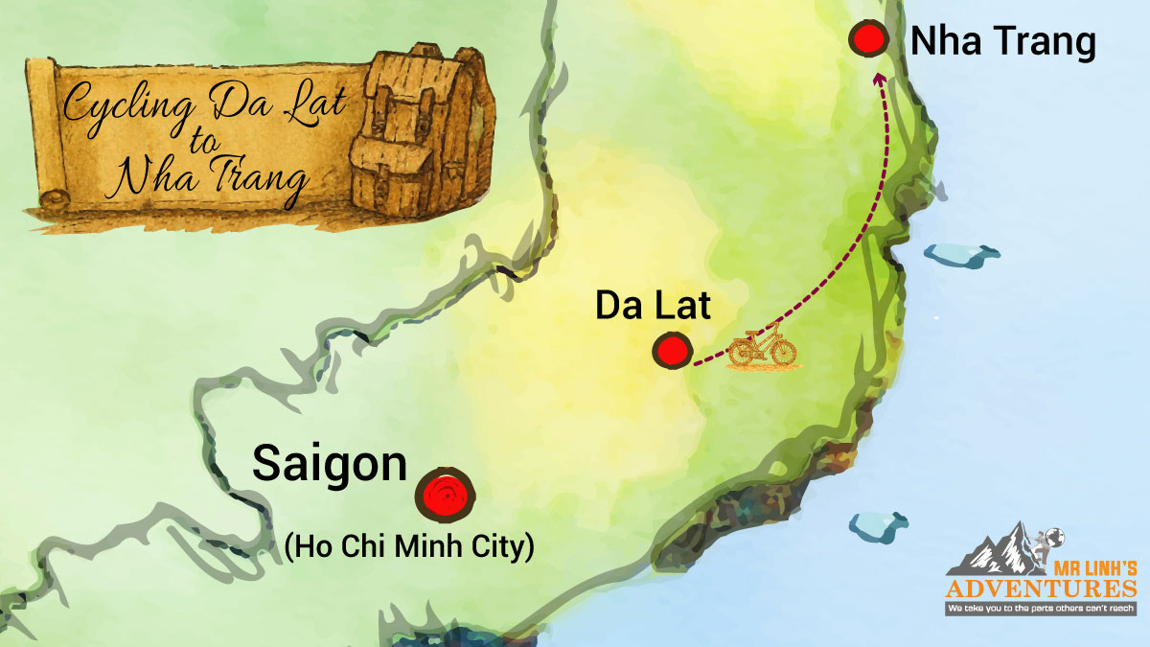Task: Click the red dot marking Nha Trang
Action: point(869,40)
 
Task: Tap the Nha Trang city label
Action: point(1002,41)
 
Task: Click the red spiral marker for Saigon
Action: point(446,496)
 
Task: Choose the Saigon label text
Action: point(330,466)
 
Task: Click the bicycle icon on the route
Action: point(762,350)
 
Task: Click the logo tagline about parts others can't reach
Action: point(1041,608)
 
